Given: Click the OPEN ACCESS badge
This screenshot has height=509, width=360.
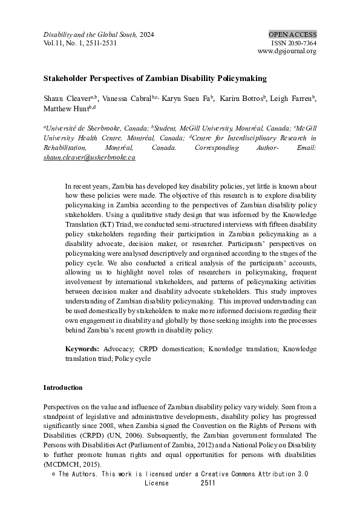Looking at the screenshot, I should coord(292,34).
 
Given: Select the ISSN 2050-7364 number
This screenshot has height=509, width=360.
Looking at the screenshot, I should coord(293,43).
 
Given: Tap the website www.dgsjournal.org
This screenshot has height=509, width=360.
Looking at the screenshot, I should coord(287,51).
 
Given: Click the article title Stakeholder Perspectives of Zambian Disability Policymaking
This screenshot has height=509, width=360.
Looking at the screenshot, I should coord(155,79).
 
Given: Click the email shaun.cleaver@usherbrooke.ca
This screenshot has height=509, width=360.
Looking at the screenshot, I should coord(89,157).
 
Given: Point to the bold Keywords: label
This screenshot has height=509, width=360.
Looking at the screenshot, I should coord(82,349).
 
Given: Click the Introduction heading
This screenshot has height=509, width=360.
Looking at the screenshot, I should coord(63,387).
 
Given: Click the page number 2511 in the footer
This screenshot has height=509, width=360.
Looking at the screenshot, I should coord(208,484).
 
